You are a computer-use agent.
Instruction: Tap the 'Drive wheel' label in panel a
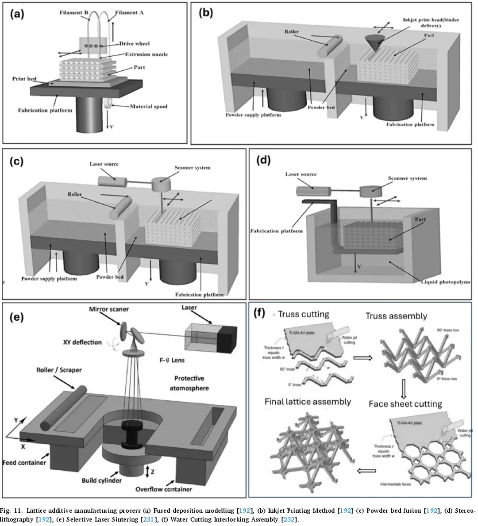134,43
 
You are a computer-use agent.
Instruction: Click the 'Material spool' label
148,106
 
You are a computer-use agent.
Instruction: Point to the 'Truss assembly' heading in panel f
396,316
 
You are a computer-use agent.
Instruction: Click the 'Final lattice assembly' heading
308,402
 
